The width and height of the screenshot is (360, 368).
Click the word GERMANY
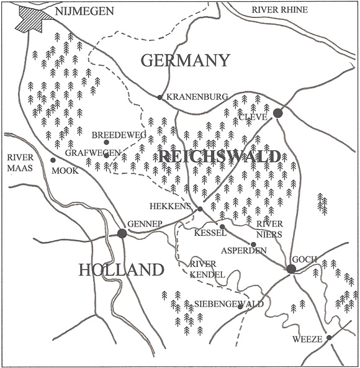point(186,60)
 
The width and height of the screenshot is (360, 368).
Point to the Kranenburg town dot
point(160,97)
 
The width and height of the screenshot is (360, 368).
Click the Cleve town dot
point(278,113)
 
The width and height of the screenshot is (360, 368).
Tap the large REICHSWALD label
point(218,156)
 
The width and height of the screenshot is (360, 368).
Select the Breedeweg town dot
point(107,143)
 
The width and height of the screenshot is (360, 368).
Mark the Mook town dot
point(53,160)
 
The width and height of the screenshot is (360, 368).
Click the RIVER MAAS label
point(20,161)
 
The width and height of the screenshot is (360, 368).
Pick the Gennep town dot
point(122,233)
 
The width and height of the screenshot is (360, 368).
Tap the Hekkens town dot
point(200,210)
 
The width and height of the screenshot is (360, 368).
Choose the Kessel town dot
point(222,227)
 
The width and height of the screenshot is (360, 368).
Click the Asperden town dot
point(253,244)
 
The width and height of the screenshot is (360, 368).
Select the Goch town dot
point(291,269)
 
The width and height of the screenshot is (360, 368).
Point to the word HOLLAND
point(122,269)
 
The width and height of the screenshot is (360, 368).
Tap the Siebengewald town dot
point(240,306)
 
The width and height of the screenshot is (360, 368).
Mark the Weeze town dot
point(330,338)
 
